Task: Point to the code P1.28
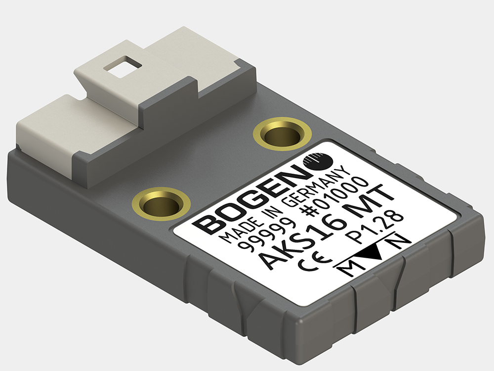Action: click(380, 227)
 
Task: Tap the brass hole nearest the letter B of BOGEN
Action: click(162, 203)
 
